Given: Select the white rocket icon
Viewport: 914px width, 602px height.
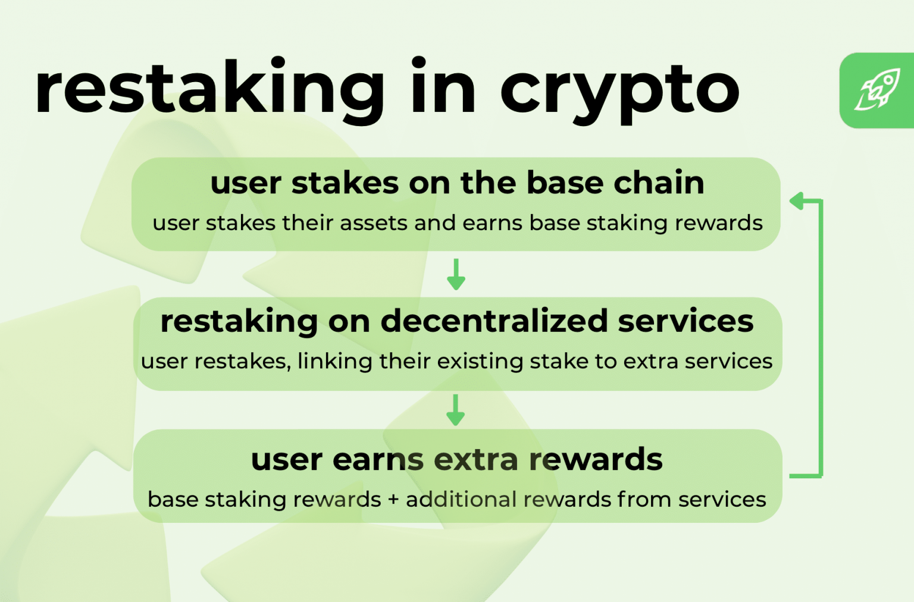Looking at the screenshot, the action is (x=878, y=90).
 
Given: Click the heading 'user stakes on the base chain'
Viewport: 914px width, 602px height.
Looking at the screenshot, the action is (x=457, y=182).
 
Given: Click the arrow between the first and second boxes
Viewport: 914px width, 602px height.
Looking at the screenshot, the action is (x=456, y=274).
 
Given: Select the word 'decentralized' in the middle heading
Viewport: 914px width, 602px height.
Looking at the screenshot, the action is (x=494, y=321).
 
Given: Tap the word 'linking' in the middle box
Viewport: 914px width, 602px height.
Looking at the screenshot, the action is (x=334, y=362).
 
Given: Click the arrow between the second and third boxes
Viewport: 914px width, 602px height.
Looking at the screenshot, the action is (x=456, y=410).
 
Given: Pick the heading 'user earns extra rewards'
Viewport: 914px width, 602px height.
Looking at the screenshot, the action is (x=456, y=460).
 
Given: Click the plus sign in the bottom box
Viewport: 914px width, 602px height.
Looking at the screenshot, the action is (x=393, y=500).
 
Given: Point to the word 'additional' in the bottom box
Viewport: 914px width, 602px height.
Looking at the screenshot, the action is (x=461, y=499).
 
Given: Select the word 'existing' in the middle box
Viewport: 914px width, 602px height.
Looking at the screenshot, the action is (x=480, y=362).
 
